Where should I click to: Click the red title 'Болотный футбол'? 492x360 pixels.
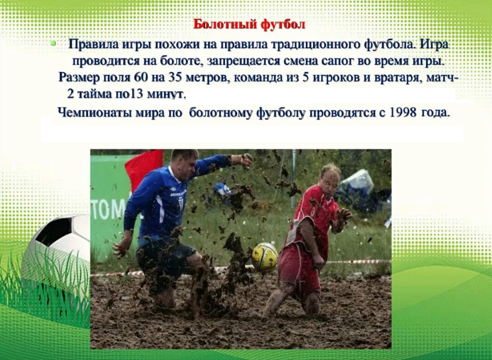(249, 24)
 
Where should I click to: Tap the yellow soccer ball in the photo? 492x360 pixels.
(265, 257)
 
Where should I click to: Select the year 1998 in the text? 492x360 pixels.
(402, 112)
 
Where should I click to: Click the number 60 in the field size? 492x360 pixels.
(140, 77)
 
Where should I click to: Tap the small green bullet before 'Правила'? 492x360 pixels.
(53, 43)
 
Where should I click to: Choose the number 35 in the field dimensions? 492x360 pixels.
(175, 77)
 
